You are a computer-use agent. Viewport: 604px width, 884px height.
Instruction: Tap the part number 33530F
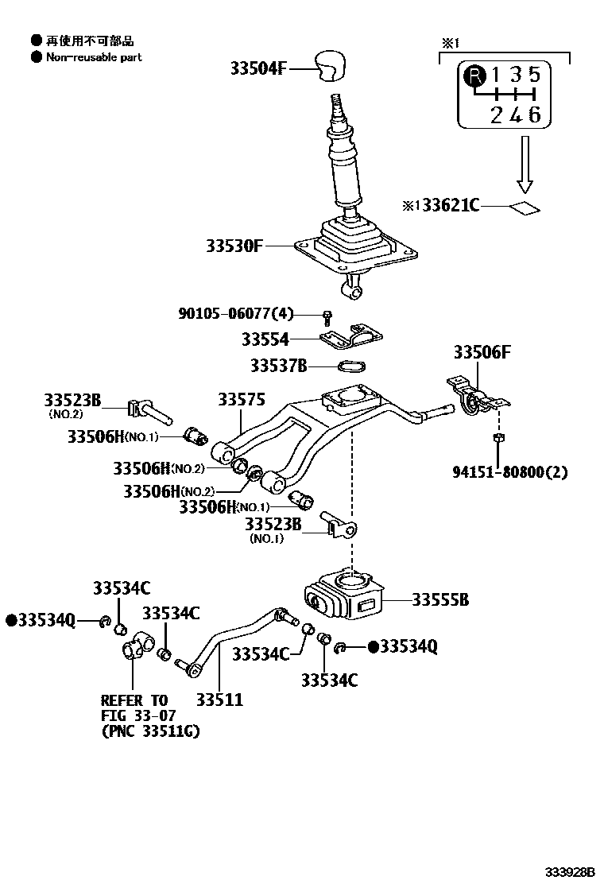(224, 246)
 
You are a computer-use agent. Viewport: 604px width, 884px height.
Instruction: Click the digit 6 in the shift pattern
(535, 114)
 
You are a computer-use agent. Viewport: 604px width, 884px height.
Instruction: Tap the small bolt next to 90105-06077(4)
(327, 316)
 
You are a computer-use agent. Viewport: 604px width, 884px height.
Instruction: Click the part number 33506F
(482, 352)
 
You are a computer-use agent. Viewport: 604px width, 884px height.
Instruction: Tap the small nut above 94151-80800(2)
(498, 437)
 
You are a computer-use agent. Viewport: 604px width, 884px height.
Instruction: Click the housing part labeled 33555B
(344, 597)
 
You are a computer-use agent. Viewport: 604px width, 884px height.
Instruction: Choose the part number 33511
(220, 700)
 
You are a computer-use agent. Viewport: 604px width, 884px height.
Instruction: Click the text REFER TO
(134, 700)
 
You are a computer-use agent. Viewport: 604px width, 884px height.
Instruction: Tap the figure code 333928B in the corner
(570, 871)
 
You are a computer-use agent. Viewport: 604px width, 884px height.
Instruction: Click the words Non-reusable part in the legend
(94, 57)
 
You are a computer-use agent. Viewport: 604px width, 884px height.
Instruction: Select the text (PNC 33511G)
(150, 731)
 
